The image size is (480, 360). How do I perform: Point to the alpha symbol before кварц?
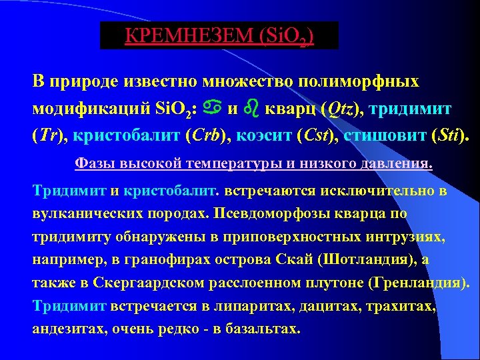tap(216, 107)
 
